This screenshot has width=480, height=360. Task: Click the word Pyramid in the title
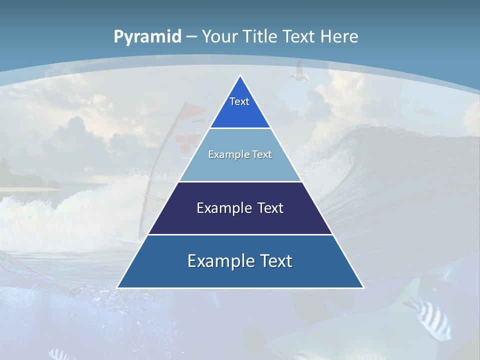[147, 37]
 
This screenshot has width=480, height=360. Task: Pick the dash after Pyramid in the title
[191, 37]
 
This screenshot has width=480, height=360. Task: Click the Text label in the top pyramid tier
[239, 101]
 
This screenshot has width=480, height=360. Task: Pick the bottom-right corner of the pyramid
[363, 287]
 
